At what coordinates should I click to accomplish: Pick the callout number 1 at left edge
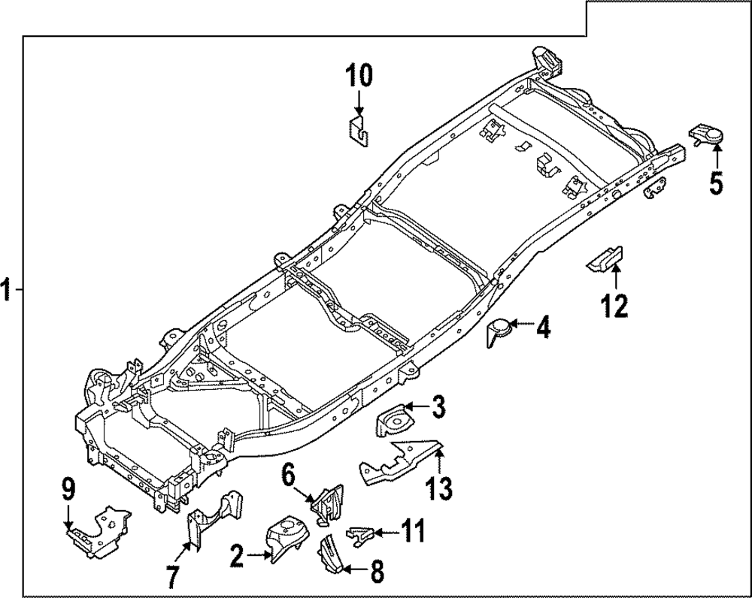(x=7, y=290)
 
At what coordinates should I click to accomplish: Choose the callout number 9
(x=68, y=491)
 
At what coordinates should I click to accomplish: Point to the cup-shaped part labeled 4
(x=498, y=331)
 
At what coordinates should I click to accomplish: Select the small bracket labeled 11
(x=359, y=534)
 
